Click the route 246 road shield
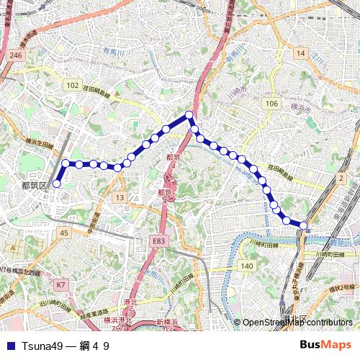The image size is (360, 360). click(17, 55)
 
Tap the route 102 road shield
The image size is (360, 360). click(72, 86)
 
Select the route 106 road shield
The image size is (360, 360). click(271, 104)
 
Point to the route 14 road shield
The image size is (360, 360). click(300, 54)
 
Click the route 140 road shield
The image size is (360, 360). click(247, 266)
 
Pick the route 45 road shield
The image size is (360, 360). click(64, 233)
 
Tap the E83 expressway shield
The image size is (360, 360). click(158, 241)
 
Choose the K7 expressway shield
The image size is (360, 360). click(61, 285)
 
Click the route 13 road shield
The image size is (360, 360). click(120, 197)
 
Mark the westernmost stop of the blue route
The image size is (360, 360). click(56, 184)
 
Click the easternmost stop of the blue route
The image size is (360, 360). click(303, 225)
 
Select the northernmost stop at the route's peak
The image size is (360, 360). click(189, 115)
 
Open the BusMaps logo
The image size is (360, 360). click(325, 346)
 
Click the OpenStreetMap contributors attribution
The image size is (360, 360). click(297, 323)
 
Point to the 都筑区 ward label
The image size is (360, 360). click(34, 185)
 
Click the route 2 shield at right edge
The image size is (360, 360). click(341, 178)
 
